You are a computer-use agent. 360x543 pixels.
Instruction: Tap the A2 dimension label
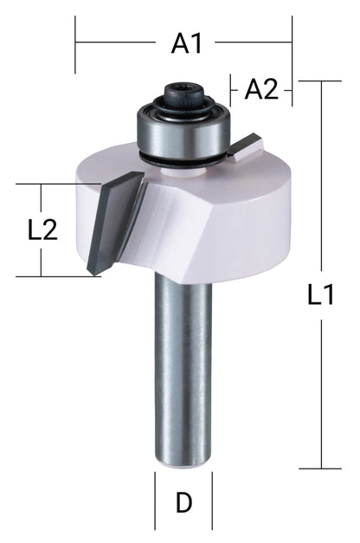(261, 88)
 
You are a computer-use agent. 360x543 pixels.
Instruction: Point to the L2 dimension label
(42, 230)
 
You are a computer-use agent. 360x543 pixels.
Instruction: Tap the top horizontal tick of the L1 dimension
(319, 81)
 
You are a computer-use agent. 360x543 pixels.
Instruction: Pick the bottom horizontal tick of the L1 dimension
(319, 469)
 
